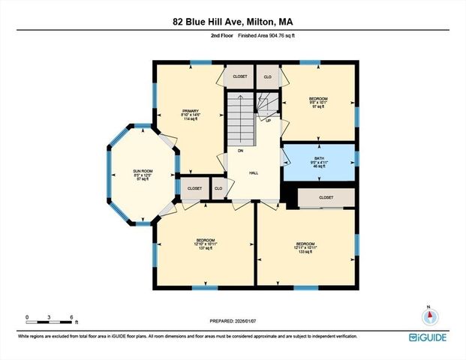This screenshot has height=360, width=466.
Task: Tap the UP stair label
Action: click(268, 119)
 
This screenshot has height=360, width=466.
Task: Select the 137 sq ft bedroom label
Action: click(205, 244)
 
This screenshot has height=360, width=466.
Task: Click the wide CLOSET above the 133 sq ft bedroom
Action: click(326, 198)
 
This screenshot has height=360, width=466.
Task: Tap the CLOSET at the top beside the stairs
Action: click(239, 76)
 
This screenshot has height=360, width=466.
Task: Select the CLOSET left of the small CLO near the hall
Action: click(194, 188)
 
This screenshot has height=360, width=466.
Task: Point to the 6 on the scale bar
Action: click(71, 317)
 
